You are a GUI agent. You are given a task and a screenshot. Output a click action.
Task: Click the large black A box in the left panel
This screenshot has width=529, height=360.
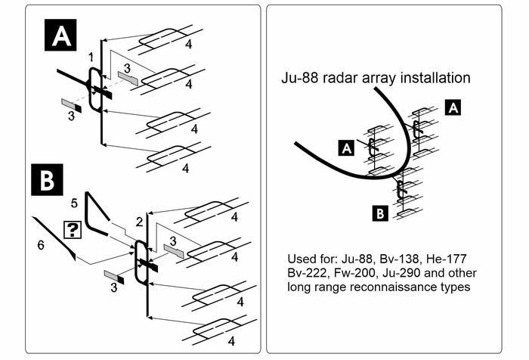[x=60, y=35]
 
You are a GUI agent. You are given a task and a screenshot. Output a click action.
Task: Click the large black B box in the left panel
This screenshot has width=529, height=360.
[x=47, y=180]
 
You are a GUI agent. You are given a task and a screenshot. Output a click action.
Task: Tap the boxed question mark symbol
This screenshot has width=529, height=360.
[x=73, y=230]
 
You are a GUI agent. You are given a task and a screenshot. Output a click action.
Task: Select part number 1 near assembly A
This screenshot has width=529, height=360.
[x=91, y=57]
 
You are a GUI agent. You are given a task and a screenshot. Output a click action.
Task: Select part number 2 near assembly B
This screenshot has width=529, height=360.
[x=139, y=222]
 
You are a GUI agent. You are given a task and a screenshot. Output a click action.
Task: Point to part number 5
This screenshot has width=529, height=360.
[x=74, y=203]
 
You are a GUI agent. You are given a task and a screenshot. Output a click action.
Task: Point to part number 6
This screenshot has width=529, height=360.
[x=41, y=245]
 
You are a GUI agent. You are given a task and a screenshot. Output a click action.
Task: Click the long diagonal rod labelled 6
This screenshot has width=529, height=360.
[x=54, y=238]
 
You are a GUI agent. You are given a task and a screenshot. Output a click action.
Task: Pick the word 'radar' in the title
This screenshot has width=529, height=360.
[x=341, y=78]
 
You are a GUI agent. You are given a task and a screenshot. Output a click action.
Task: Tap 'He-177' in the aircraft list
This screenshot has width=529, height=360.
[x=446, y=259]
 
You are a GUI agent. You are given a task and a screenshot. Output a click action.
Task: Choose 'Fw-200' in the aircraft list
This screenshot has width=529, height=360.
[x=355, y=273]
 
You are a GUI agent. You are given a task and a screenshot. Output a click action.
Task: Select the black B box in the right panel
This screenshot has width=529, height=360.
[x=380, y=213]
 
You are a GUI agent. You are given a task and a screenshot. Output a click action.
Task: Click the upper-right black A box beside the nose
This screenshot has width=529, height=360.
[x=453, y=107]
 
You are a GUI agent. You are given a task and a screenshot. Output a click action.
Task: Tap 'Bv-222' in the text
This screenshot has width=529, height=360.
[x=308, y=273]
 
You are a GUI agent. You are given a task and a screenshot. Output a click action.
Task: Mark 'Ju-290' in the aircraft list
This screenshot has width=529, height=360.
[x=401, y=273]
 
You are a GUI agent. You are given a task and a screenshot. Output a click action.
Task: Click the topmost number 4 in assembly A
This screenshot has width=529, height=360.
[x=189, y=44]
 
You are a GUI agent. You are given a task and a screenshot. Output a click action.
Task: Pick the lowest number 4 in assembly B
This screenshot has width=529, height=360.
[x=231, y=341]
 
